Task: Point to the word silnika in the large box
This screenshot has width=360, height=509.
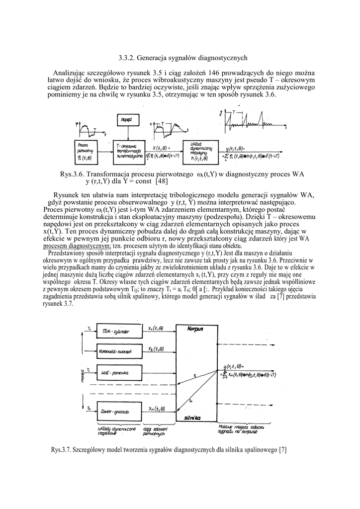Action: (x=192, y=418)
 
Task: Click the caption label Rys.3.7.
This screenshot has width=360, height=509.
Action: (x=62, y=450)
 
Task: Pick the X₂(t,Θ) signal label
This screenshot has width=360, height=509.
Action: (x=157, y=349)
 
